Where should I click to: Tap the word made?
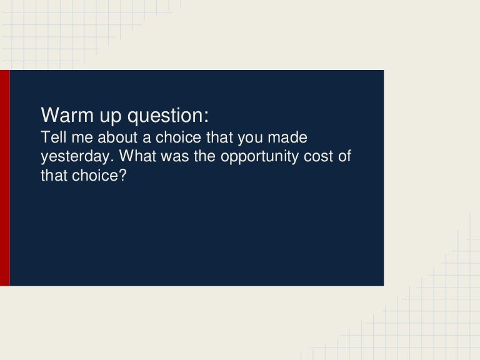[x=289, y=137]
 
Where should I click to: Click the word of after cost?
[x=344, y=156]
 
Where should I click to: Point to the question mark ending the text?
[x=123, y=176]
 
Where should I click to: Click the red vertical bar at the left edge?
[x=4, y=178]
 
